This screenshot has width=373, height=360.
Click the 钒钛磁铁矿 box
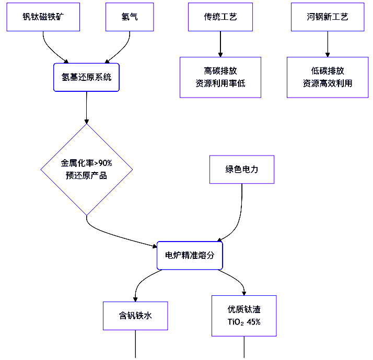(x=43, y=17)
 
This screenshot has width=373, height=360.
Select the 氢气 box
(x=129, y=17)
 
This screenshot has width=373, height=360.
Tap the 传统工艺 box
(x=220, y=17)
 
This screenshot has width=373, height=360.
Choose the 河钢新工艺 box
(x=328, y=17)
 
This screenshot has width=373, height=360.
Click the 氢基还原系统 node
(x=86, y=77)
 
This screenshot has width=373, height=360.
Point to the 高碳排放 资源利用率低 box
(x=220, y=77)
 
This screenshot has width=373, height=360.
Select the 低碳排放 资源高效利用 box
(x=328, y=77)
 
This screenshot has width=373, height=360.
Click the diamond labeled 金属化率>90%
(x=86, y=169)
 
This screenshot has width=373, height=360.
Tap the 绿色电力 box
(x=241, y=170)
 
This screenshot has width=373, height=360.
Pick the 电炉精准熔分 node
(x=190, y=255)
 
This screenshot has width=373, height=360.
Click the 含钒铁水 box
(x=135, y=316)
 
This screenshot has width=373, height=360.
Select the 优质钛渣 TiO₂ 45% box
(x=244, y=316)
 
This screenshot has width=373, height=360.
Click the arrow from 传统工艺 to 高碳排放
(x=220, y=44)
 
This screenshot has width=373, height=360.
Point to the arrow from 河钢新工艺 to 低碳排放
(x=328, y=44)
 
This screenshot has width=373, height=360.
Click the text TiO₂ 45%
(x=244, y=322)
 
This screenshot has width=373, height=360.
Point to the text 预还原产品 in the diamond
(x=86, y=175)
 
